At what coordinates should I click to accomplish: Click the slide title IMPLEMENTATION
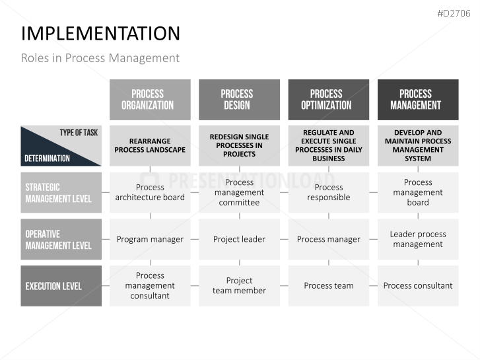tap(100, 34)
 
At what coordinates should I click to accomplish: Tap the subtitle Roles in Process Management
tap(100, 58)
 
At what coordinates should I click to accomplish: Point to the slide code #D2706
tap(454, 13)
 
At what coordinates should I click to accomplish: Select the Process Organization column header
tap(150, 100)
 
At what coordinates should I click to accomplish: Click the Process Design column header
tap(240, 100)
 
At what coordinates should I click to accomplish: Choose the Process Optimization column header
tap(328, 100)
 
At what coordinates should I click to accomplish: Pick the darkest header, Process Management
tap(418, 100)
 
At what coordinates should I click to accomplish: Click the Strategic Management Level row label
tap(61, 192)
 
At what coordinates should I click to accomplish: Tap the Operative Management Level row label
tap(61, 239)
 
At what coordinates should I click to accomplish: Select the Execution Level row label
tap(61, 286)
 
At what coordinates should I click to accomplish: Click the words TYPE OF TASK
tap(79, 133)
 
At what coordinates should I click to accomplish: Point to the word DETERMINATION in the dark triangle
tap(47, 159)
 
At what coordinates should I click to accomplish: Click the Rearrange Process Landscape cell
tap(150, 145)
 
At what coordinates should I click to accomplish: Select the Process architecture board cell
tap(150, 192)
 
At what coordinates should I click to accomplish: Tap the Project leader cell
tap(240, 239)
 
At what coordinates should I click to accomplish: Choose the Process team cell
tap(328, 286)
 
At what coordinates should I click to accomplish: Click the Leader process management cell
tap(418, 239)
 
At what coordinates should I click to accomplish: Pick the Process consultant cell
tap(418, 286)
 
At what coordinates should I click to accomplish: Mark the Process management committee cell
tap(240, 192)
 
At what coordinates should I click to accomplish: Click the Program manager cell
tap(150, 239)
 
